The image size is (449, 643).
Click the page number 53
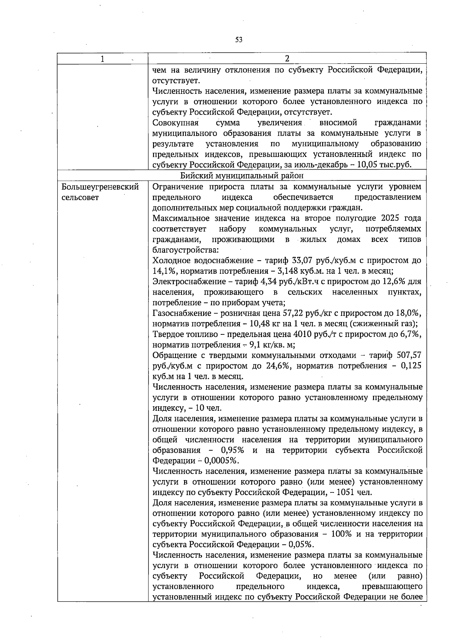point(239,40)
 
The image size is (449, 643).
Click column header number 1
point(102,59)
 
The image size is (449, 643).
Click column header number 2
point(287,59)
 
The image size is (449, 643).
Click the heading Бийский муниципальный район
point(242,176)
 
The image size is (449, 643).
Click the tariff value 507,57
point(410,355)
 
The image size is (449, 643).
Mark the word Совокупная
point(175,123)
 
